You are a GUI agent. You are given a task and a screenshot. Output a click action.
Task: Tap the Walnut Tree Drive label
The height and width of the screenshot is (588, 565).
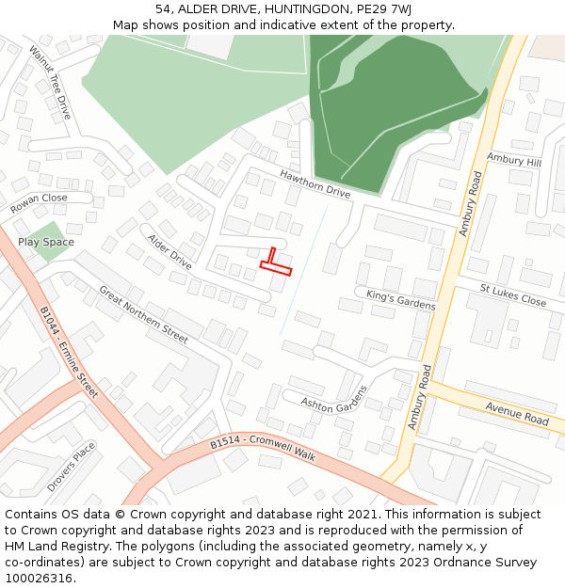[x=50, y=82]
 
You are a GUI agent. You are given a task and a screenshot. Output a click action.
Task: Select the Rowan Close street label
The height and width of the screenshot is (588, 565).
[x=40, y=203]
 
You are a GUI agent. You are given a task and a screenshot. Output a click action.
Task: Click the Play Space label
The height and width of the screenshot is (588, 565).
[x=46, y=242]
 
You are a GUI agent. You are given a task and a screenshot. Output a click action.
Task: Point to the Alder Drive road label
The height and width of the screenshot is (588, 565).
[x=169, y=252]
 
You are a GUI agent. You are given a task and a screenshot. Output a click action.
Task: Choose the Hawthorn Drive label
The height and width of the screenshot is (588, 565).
[x=315, y=183]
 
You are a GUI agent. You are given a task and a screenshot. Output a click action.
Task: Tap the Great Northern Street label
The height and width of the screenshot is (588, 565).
[x=143, y=312]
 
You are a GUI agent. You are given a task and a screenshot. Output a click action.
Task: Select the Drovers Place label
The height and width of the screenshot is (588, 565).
[x=72, y=467]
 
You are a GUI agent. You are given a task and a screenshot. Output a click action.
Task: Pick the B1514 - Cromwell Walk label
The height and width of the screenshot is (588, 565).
[x=262, y=449]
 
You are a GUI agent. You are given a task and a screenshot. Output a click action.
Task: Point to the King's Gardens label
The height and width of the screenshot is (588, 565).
[x=401, y=300]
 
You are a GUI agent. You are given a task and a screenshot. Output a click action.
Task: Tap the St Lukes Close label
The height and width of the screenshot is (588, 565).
[x=513, y=295]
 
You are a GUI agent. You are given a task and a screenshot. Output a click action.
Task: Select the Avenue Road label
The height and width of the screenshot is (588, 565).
[x=517, y=413]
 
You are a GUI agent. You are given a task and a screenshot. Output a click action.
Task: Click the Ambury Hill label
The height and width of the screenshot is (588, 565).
[x=514, y=161]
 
